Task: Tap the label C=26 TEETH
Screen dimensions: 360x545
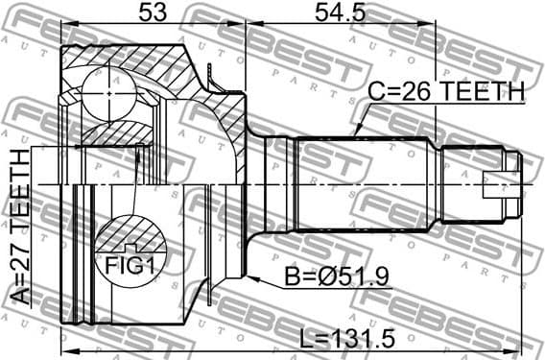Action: coord(446,93)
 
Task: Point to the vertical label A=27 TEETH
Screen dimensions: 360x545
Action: coord(19,227)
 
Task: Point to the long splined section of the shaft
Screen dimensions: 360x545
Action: coord(365,181)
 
